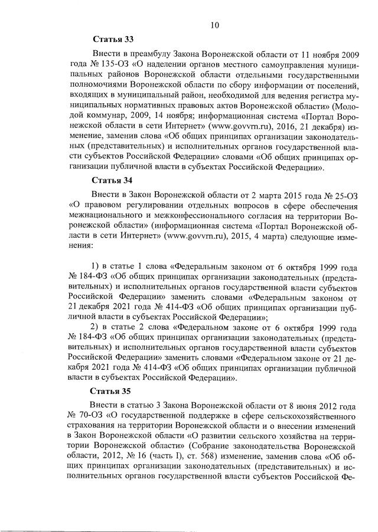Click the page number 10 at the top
[x=215, y=25]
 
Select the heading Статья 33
[x=113, y=40]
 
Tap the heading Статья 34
[x=113, y=180]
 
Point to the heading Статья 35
[x=113, y=391]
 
